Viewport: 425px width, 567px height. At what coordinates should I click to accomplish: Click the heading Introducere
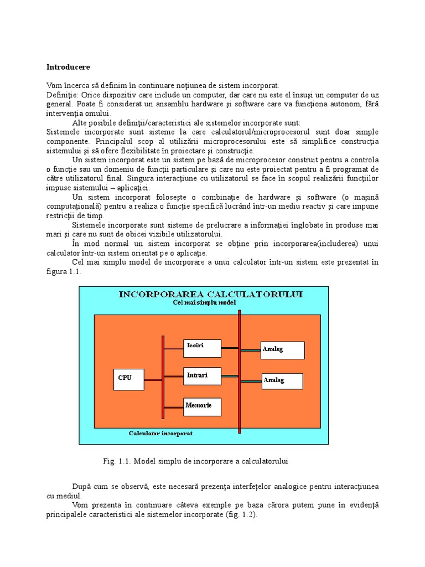pos(68,67)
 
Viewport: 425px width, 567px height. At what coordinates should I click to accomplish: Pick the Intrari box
pos(202,376)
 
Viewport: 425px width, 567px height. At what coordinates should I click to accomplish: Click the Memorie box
pos(202,406)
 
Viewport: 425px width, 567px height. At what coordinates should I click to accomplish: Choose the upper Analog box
pos(282,350)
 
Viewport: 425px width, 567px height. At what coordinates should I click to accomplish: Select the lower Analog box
pos(282,381)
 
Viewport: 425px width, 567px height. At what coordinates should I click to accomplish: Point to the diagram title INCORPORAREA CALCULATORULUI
pos(203,294)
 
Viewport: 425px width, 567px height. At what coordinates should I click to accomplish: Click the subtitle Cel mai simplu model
pos(204,303)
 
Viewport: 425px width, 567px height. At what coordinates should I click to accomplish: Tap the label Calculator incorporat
pos(160,433)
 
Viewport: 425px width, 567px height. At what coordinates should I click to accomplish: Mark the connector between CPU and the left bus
pos(153,378)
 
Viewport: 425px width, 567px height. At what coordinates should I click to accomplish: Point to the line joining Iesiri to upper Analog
pos(241,349)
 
